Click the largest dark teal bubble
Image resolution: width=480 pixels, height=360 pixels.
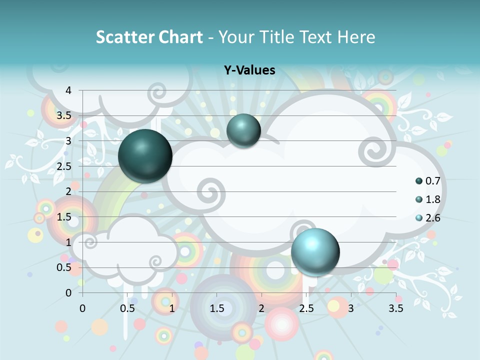pos(145,156)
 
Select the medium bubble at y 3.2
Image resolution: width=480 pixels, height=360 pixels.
pos(243,130)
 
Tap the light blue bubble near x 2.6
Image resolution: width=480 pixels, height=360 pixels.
pos(315,251)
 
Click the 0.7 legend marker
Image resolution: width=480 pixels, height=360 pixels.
pos(419,181)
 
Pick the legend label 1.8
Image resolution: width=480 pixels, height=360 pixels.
pos(432,199)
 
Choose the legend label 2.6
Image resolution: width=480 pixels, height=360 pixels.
pos(432,218)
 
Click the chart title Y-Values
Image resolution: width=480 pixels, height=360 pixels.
pos(249,70)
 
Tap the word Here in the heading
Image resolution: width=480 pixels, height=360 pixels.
pos(356,37)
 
